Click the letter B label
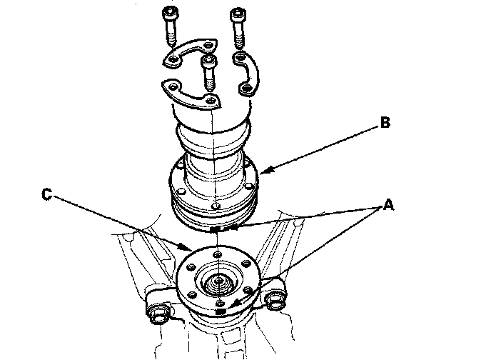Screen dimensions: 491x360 coord(384,123)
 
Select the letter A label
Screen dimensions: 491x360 coord(388,205)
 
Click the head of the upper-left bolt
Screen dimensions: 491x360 coord(171,14)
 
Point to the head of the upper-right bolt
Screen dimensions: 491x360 coord(237,14)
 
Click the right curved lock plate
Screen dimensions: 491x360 coord(246,71)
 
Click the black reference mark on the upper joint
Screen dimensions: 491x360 coord(217,229)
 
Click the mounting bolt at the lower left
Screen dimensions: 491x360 coord(158,311)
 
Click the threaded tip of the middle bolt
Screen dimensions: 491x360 coord(209,86)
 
